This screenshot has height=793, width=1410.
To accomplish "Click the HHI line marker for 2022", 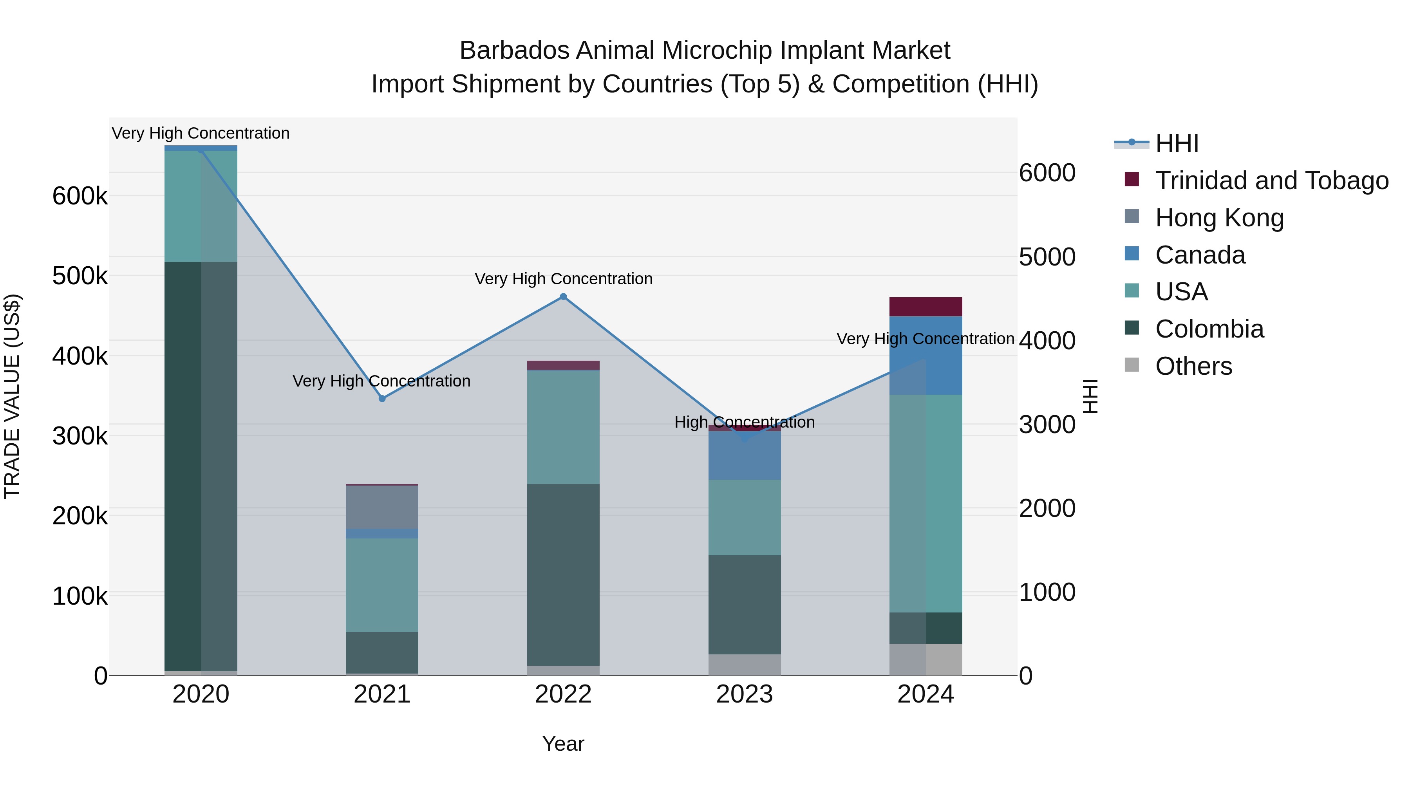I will (x=563, y=296).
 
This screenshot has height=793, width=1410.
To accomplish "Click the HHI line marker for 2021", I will (x=382, y=398).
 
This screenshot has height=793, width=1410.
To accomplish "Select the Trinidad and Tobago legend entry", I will (x=1271, y=180).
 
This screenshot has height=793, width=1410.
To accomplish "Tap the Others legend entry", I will (x=1193, y=366).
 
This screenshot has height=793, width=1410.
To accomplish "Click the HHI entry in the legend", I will (x=1177, y=143).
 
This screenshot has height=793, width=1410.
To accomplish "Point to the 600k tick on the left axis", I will (x=80, y=196).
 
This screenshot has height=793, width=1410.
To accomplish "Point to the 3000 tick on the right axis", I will (x=1047, y=424).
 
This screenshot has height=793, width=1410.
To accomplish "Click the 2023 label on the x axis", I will (x=745, y=694).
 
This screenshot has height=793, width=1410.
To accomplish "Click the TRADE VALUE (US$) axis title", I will (x=12, y=396).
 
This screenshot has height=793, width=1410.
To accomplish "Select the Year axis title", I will (x=563, y=744).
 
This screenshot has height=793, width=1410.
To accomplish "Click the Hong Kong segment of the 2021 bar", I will (x=382, y=507).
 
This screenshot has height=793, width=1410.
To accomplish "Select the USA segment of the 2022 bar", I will (x=563, y=427).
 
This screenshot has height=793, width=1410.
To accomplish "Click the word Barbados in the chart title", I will (x=515, y=51).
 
